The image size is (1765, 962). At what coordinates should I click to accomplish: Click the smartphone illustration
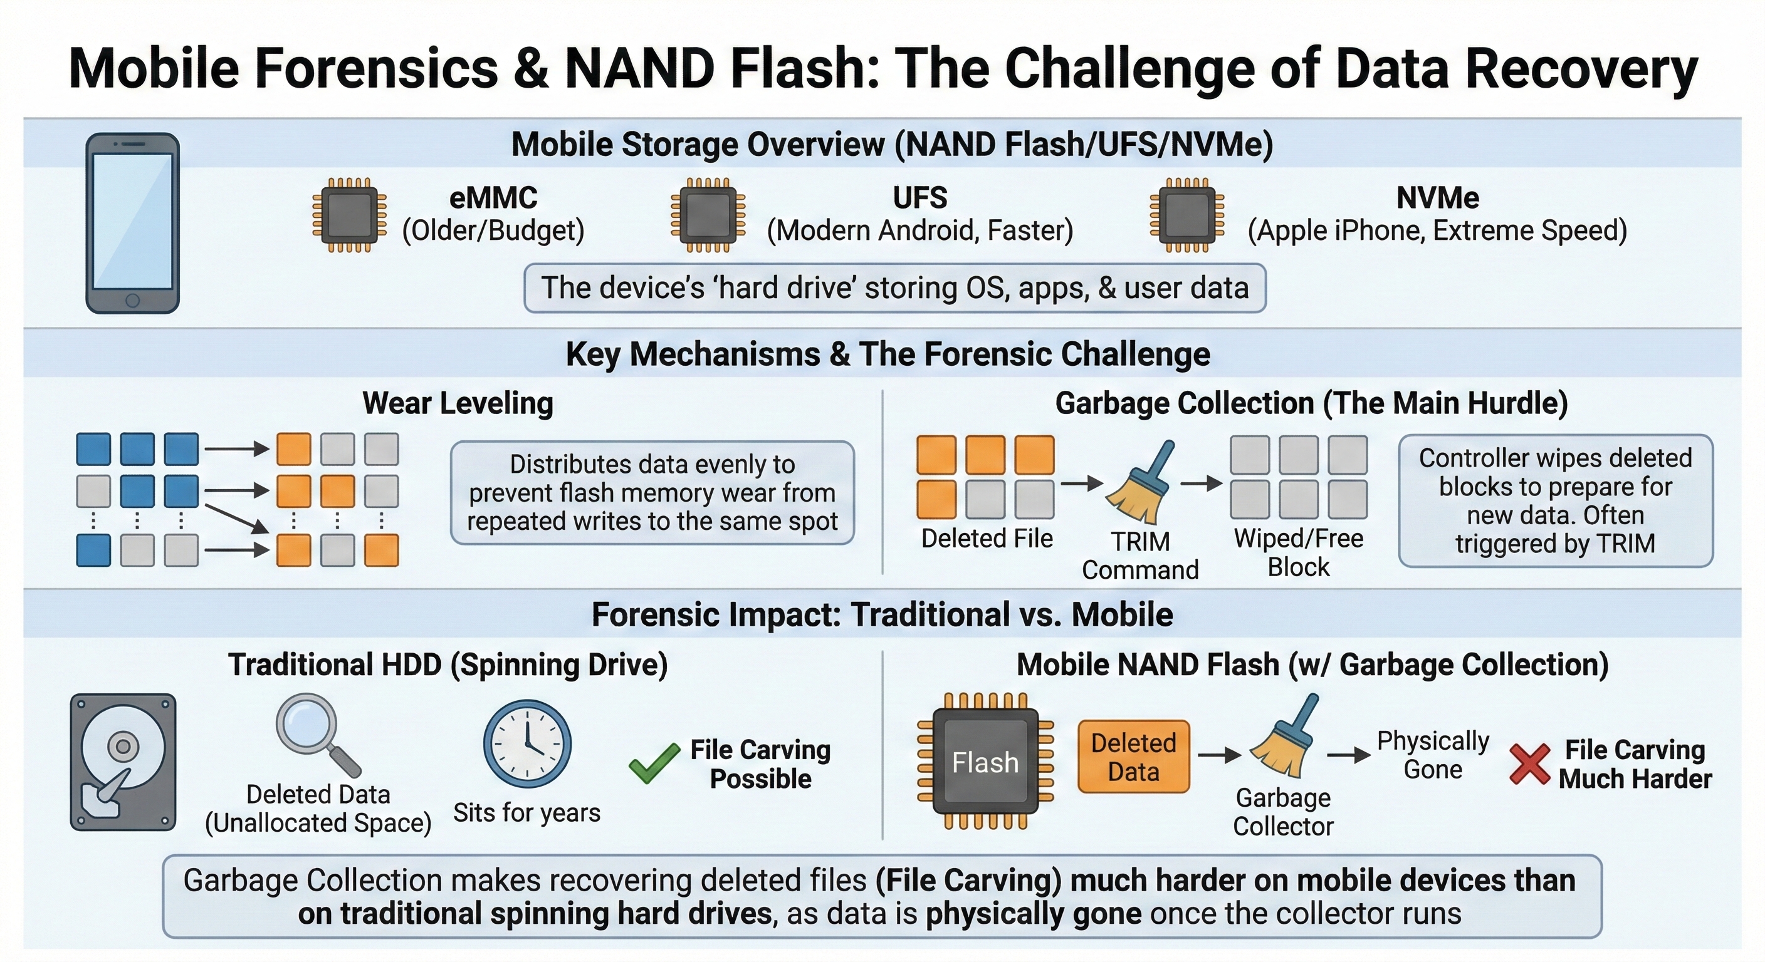click(132, 222)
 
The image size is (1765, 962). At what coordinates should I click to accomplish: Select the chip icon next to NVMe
click(1186, 215)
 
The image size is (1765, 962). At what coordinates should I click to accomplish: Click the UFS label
click(919, 198)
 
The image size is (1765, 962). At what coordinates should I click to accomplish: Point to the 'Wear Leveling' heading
click(458, 403)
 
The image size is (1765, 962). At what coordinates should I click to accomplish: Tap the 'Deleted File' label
click(987, 539)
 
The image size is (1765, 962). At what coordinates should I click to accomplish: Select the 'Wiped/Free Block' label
click(1299, 552)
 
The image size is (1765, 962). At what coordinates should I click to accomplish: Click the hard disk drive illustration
click(123, 762)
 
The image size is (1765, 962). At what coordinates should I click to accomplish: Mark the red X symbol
click(1529, 763)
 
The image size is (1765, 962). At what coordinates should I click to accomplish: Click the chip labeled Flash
click(985, 762)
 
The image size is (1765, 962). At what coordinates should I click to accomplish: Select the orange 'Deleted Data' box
click(1133, 757)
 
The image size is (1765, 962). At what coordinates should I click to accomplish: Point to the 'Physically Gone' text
click(1433, 755)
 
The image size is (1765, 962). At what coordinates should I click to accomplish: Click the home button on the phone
click(133, 301)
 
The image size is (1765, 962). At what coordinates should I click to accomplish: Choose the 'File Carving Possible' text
click(760, 764)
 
